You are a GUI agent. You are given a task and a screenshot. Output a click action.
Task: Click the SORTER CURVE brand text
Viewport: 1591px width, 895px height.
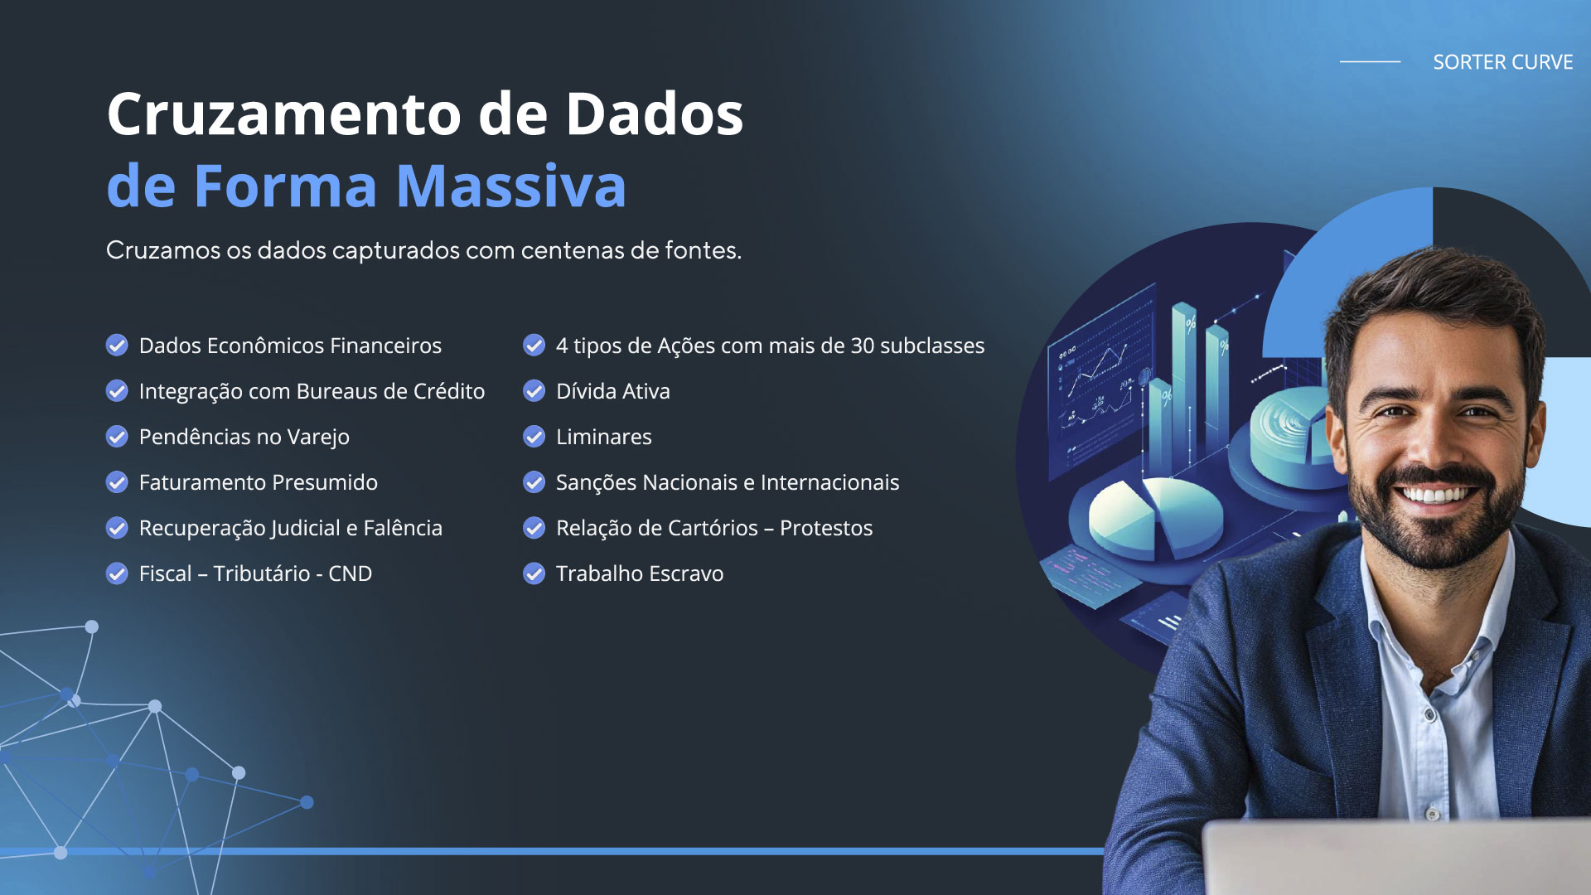[x=1502, y=62]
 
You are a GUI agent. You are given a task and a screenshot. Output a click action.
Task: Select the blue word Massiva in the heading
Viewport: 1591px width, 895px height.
[x=510, y=186]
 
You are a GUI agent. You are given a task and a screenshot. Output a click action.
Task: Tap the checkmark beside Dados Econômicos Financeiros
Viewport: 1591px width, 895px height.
[x=117, y=345]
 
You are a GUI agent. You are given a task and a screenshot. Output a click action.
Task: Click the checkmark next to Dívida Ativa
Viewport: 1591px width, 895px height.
[x=534, y=390]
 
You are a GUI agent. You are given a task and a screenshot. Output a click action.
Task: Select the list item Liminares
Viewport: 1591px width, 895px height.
[x=603, y=437]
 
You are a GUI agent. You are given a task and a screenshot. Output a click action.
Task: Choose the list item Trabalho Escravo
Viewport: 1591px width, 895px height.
[x=639, y=573]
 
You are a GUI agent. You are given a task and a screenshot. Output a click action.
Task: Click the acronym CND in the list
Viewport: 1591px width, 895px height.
[x=350, y=573]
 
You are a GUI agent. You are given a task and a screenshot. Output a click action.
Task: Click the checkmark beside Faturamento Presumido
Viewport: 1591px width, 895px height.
[x=117, y=481]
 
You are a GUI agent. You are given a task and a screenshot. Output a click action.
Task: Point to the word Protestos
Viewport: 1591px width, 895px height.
[x=826, y=528]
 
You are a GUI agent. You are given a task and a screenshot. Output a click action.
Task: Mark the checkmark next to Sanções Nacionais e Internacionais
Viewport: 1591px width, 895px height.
[x=534, y=481]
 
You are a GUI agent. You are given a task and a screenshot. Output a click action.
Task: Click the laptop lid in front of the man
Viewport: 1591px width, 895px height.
[x=1396, y=858]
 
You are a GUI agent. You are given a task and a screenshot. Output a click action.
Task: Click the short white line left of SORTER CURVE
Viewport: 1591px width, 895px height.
[x=1370, y=61]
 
